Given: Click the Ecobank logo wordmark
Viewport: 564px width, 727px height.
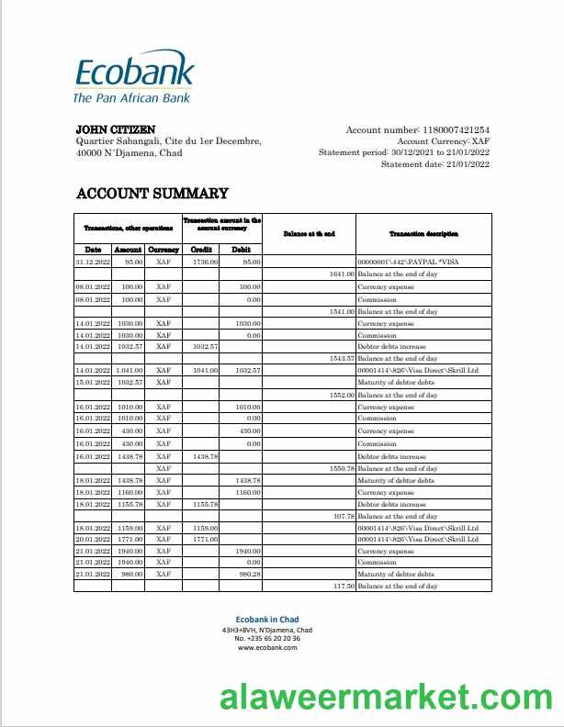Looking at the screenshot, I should pyautogui.click(x=134, y=73).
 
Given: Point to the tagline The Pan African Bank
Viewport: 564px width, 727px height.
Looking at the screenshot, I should pyautogui.click(x=131, y=97).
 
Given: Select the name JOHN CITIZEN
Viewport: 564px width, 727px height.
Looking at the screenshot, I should pyautogui.click(x=115, y=129).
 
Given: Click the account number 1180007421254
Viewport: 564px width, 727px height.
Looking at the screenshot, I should pyautogui.click(x=456, y=130).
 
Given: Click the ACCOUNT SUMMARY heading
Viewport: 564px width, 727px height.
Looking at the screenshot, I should pyautogui.click(x=152, y=193).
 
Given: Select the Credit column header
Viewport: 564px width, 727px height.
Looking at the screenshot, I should pyautogui.click(x=201, y=250).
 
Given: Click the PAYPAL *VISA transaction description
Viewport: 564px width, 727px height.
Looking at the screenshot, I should pyautogui.click(x=401, y=262).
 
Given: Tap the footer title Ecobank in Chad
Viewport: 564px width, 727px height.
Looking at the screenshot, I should pyautogui.click(x=266, y=620).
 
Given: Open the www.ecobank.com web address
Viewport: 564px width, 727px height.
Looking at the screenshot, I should pyautogui.click(x=266, y=647).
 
